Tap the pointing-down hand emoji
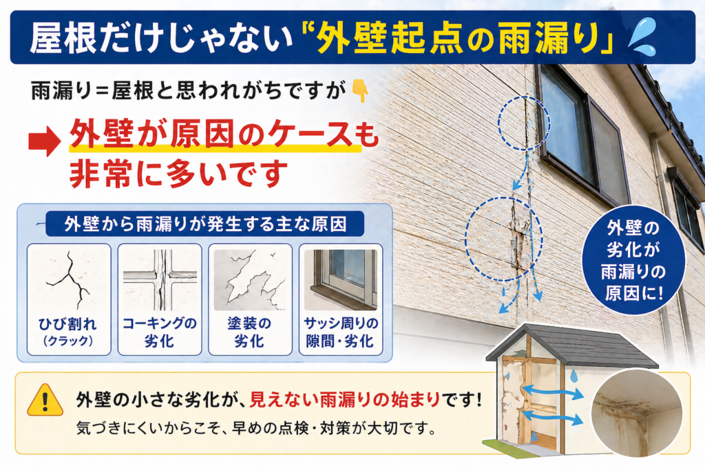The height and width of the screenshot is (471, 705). pos(359,90)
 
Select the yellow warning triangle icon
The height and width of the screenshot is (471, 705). pos(45,400)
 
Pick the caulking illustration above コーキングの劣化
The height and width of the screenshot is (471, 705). pos(160,279)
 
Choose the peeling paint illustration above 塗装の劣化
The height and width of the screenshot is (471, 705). pos(250,279)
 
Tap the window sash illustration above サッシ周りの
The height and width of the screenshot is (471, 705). pos(340,279)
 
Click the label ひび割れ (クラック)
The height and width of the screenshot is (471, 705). pos(68,332)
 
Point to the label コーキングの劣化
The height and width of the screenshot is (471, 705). pos(160,332)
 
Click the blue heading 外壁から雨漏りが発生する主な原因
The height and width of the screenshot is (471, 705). pos(205,224)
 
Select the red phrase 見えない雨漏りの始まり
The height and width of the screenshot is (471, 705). pos(345,399)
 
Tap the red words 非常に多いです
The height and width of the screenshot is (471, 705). pos(178,174)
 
